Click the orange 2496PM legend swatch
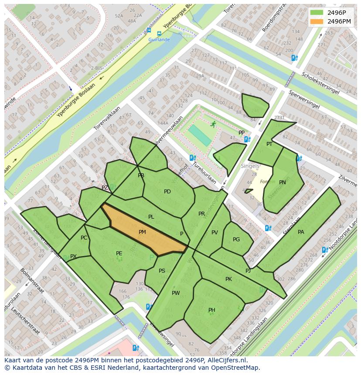coord(317,21)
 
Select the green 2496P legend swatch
coord(317,13)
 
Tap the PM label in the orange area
coord(142,232)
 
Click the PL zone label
coord(151,216)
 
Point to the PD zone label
coord(167,192)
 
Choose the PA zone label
coord(301,232)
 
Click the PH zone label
coord(211,310)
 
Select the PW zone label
coord(176,293)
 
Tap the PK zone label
coord(228,279)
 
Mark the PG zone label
coord(236,240)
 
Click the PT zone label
coord(269,144)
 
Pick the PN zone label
coord(283,182)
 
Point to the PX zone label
coord(73,257)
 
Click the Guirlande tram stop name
coord(159,40)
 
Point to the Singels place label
coord(250,166)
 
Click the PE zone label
coord(119,253)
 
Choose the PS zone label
coord(162,271)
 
